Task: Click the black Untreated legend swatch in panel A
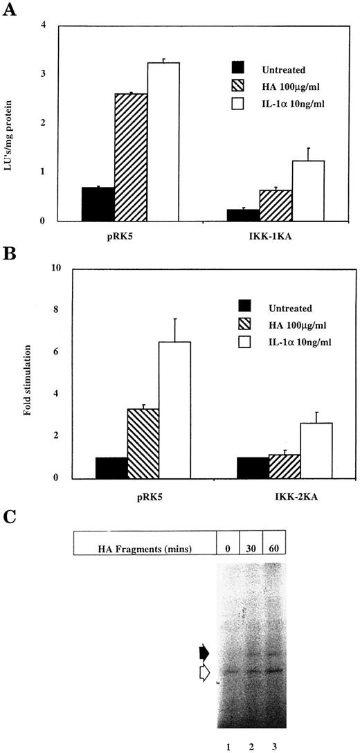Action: [239, 67]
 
